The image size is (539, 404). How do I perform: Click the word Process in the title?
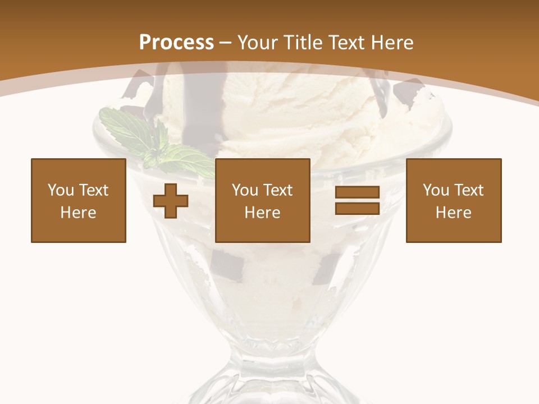pos(176,43)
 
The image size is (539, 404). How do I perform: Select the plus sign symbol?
pos(171,201)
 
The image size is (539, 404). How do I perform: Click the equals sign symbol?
pos(357,200)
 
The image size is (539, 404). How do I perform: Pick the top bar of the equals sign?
pos(357,192)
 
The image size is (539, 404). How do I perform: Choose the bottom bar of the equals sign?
pos(357,208)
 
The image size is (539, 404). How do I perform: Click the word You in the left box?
pos(61,190)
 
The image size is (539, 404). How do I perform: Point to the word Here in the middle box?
pos(263,213)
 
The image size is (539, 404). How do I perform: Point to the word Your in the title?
pos(258,43)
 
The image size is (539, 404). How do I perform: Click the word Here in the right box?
pos(454,213)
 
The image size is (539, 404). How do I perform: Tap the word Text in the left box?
pos(94,190)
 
